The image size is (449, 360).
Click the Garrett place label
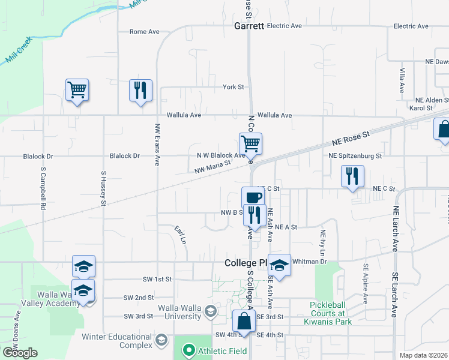pyautogui.click(x=250, y=26)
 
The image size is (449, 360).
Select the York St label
pyautogui.click(x=233, y=87)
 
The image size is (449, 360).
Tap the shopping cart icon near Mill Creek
pyautogui.click(x=77, y=91)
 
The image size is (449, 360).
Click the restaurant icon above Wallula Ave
pyautogui.click(x=140, y=91)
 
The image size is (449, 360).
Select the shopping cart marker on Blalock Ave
pyautogui.click(x=250, y=144)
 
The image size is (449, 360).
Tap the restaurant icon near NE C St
pyautogui.click(x=352, y=176)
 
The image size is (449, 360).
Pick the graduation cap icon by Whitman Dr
pyautogui.click(x=279, y=265)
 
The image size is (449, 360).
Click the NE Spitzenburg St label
pyautogui.click(x=355, y=156)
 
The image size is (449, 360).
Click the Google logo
pyautogui.click(x=20, y=353)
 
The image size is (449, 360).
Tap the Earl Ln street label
pyautogui.click(x=180, y=235)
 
